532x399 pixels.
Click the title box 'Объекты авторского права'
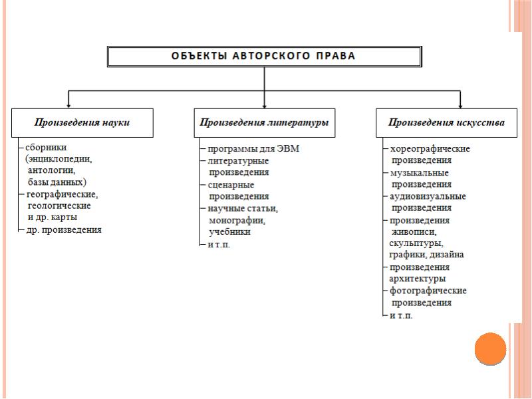264,56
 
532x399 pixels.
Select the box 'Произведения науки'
82,122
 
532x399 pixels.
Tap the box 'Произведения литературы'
265,122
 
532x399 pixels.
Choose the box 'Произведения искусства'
446,122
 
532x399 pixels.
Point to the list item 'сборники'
46,147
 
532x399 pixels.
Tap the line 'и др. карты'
52,217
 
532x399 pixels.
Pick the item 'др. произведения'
64,229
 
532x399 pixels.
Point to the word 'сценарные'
231,184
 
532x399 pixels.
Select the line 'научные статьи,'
243,208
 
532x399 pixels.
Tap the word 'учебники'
229,232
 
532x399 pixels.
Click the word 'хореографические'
430,148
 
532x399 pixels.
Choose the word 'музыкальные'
420,172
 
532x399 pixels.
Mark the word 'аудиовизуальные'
428,196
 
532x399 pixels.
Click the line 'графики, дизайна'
426,255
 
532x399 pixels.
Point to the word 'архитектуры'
418,279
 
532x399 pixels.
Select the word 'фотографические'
428,291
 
